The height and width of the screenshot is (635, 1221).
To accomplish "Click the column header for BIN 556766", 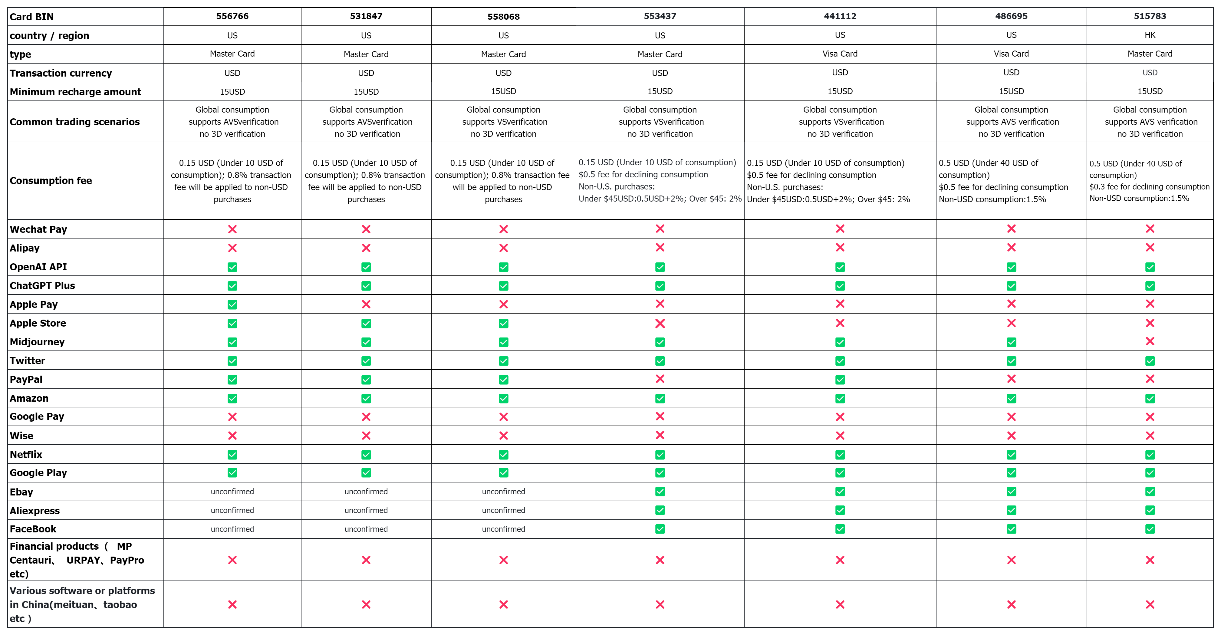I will pyautogui.click(x=232, y=16).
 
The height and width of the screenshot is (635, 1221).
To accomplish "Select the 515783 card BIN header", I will pyautogui.click(x=1150, y=16).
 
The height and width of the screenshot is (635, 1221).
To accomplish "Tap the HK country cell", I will pyautogui.click(x=1150, y=35).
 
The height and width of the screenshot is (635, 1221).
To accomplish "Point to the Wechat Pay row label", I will pyautogui.click(x=38, y=229).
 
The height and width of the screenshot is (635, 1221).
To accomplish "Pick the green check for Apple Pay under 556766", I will pyautogui.click(x=232, y=304).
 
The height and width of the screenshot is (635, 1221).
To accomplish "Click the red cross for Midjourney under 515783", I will pyautogui.click(x=1150, y=341).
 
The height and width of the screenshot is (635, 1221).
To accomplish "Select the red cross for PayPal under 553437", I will pyautogui.click(x=660, y=379).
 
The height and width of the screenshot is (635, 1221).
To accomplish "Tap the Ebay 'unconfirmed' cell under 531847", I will pyautogui.click(x=366, y=492).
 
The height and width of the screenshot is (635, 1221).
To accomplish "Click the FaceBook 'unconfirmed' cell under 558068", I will pyautogui.click(x=503, y=529).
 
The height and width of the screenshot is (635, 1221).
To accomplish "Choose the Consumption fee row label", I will pyautogui.click(x=51, y=181).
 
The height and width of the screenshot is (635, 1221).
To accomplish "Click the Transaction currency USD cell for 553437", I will pyautogui.click(x=660, y=73).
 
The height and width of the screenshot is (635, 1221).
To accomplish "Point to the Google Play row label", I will pyautogui.click(x=38, y=472).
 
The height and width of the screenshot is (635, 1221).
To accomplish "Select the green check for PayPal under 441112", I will pyautogui.click(x=840, y=380).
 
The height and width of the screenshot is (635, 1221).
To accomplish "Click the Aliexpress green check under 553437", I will pyautogui.click(x=660, y=510).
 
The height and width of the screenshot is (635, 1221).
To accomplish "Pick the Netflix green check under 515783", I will pyautogui.click(x=1150, y=454).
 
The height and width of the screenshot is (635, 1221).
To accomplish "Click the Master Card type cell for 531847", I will pyautogui.click(x=366, y=54).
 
